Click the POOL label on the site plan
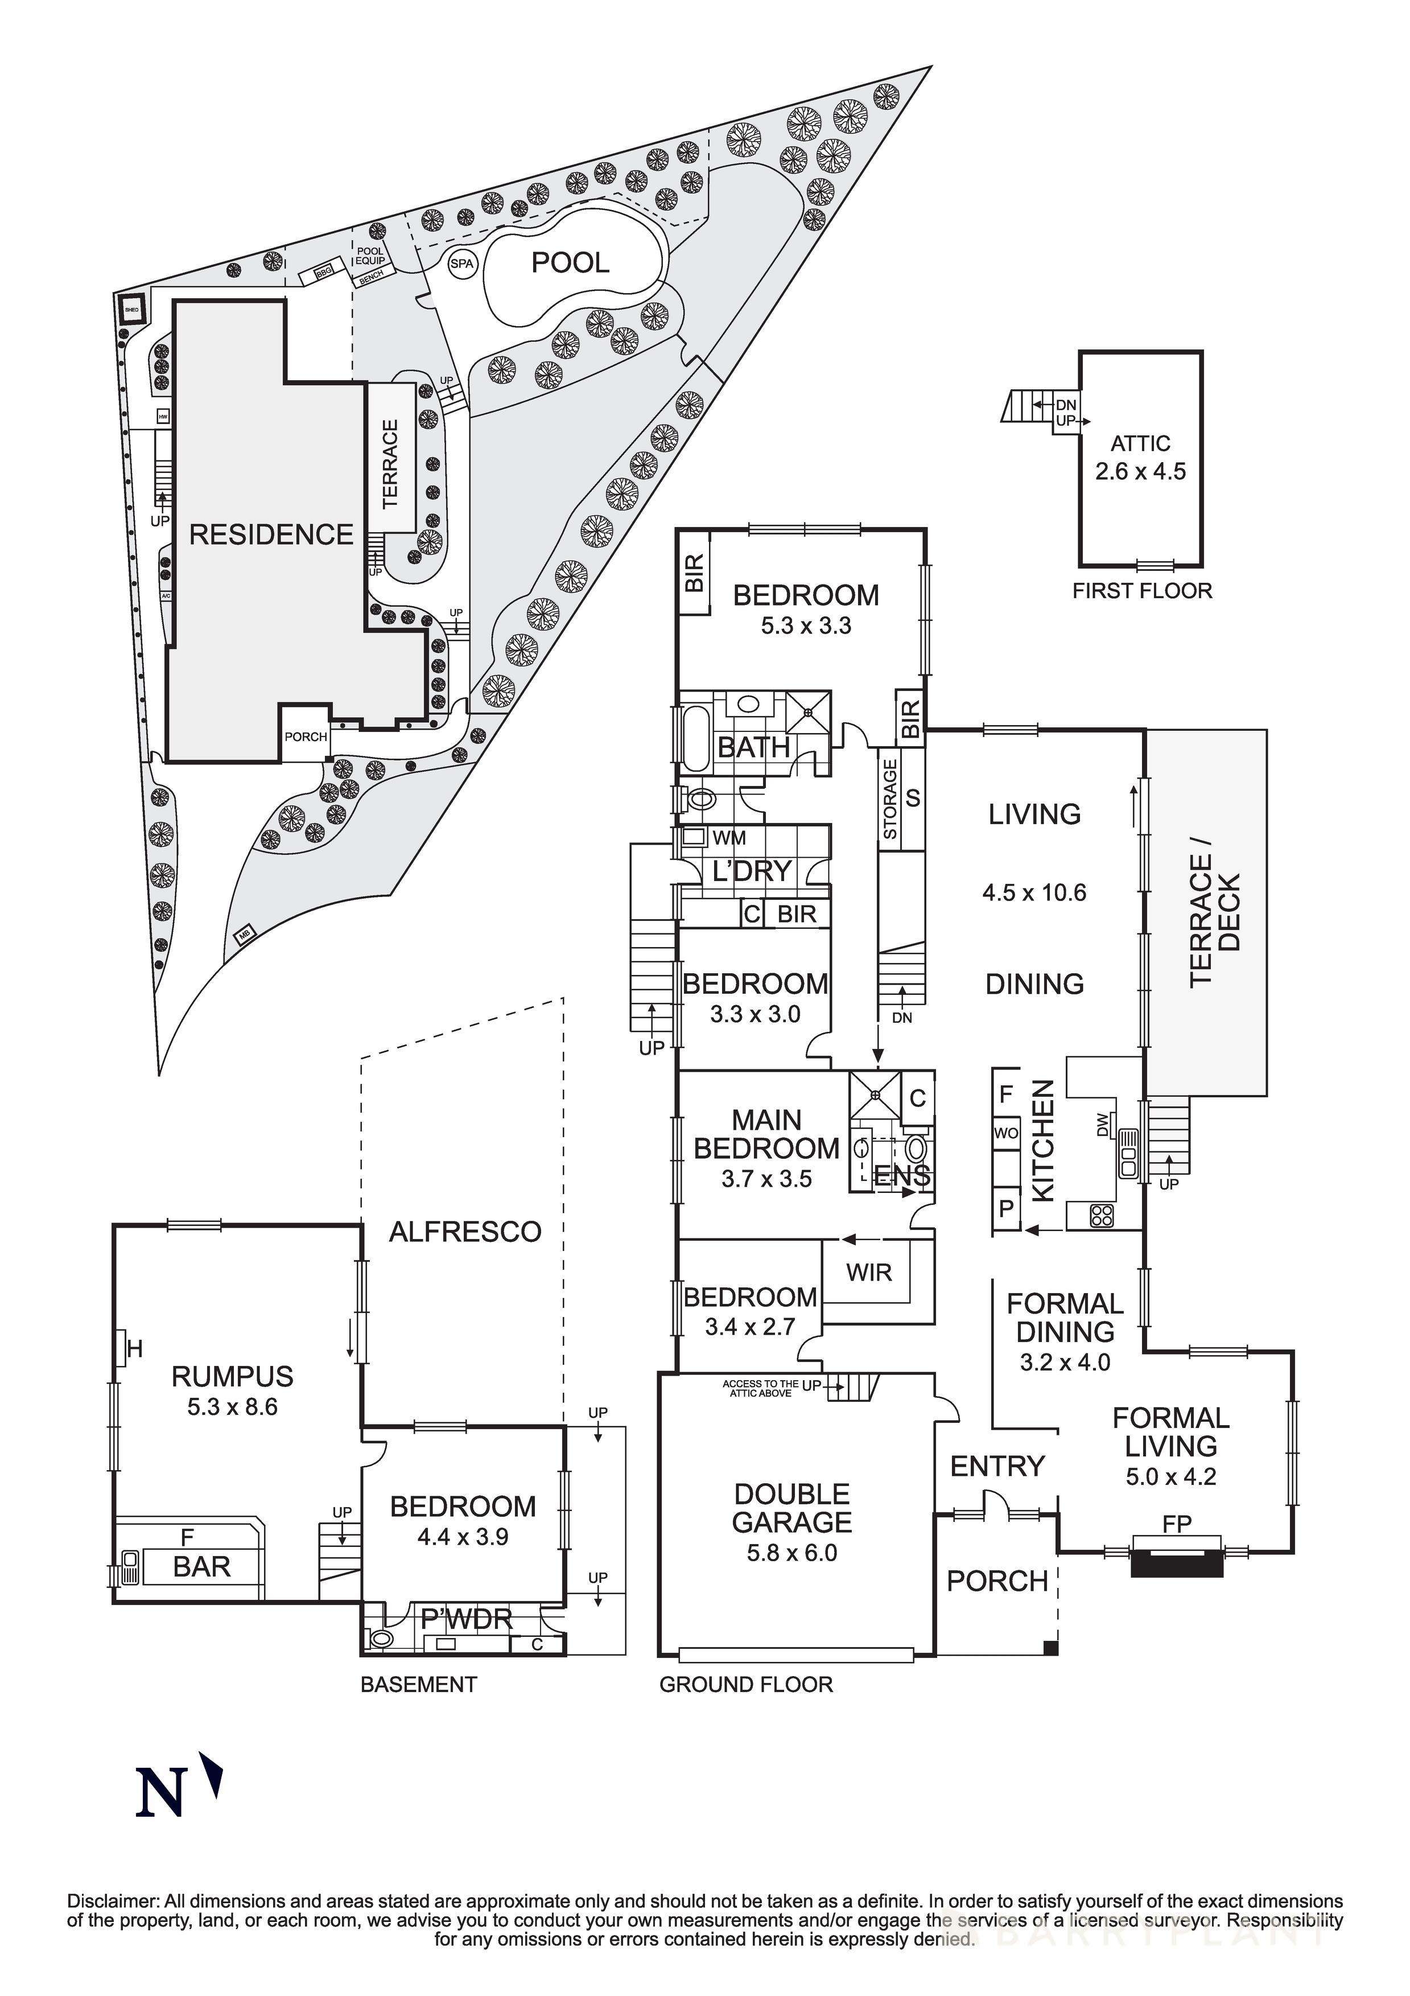570,262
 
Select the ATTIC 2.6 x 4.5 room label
1140,457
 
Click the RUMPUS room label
232,1376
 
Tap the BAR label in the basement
201,1566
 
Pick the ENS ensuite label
903,1177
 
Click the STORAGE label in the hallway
889,800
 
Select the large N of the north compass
160,1793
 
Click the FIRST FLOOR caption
1141,591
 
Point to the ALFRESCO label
465,1231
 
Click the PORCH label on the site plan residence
305,736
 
